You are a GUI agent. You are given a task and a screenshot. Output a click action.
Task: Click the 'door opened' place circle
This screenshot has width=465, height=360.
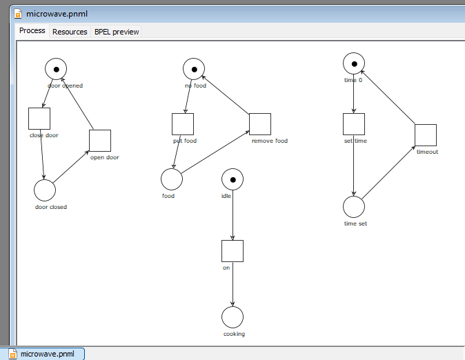point(56,69)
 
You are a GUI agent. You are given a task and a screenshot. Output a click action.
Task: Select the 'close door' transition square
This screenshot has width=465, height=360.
point(39,119)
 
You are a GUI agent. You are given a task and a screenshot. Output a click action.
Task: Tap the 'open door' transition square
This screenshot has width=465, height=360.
point(100,141)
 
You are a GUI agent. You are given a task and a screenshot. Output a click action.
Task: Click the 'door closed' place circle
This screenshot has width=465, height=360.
point(45,190)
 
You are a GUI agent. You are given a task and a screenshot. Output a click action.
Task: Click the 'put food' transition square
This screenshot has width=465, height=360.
point(183,124)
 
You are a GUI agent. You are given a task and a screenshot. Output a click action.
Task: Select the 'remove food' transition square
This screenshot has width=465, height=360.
point(260,124)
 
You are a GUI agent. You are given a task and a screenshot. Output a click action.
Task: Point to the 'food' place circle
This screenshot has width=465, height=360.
point(172,179)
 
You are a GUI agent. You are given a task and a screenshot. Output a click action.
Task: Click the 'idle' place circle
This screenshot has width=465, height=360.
point(232,179)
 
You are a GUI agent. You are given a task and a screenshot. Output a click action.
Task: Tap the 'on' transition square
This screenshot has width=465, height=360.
point(232,251)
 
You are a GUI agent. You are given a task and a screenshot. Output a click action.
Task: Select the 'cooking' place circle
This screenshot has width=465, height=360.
point(232,317)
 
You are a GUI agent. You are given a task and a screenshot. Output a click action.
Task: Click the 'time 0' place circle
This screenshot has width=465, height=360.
point(354,63)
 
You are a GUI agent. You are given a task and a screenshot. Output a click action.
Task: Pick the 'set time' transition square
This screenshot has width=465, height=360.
point(354,124)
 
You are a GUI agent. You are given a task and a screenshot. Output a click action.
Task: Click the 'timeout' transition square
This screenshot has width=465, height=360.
point(426,135)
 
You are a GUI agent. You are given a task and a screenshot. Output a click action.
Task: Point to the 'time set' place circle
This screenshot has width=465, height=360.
point(354,207)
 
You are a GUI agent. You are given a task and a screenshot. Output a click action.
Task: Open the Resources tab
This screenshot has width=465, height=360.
point(70,32)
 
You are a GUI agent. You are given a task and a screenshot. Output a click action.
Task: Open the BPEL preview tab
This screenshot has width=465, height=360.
point(117,32)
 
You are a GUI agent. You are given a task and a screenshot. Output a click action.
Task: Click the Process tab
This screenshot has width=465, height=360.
point(32,31)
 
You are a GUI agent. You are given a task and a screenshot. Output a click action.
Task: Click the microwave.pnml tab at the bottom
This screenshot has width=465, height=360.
point(46,354)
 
